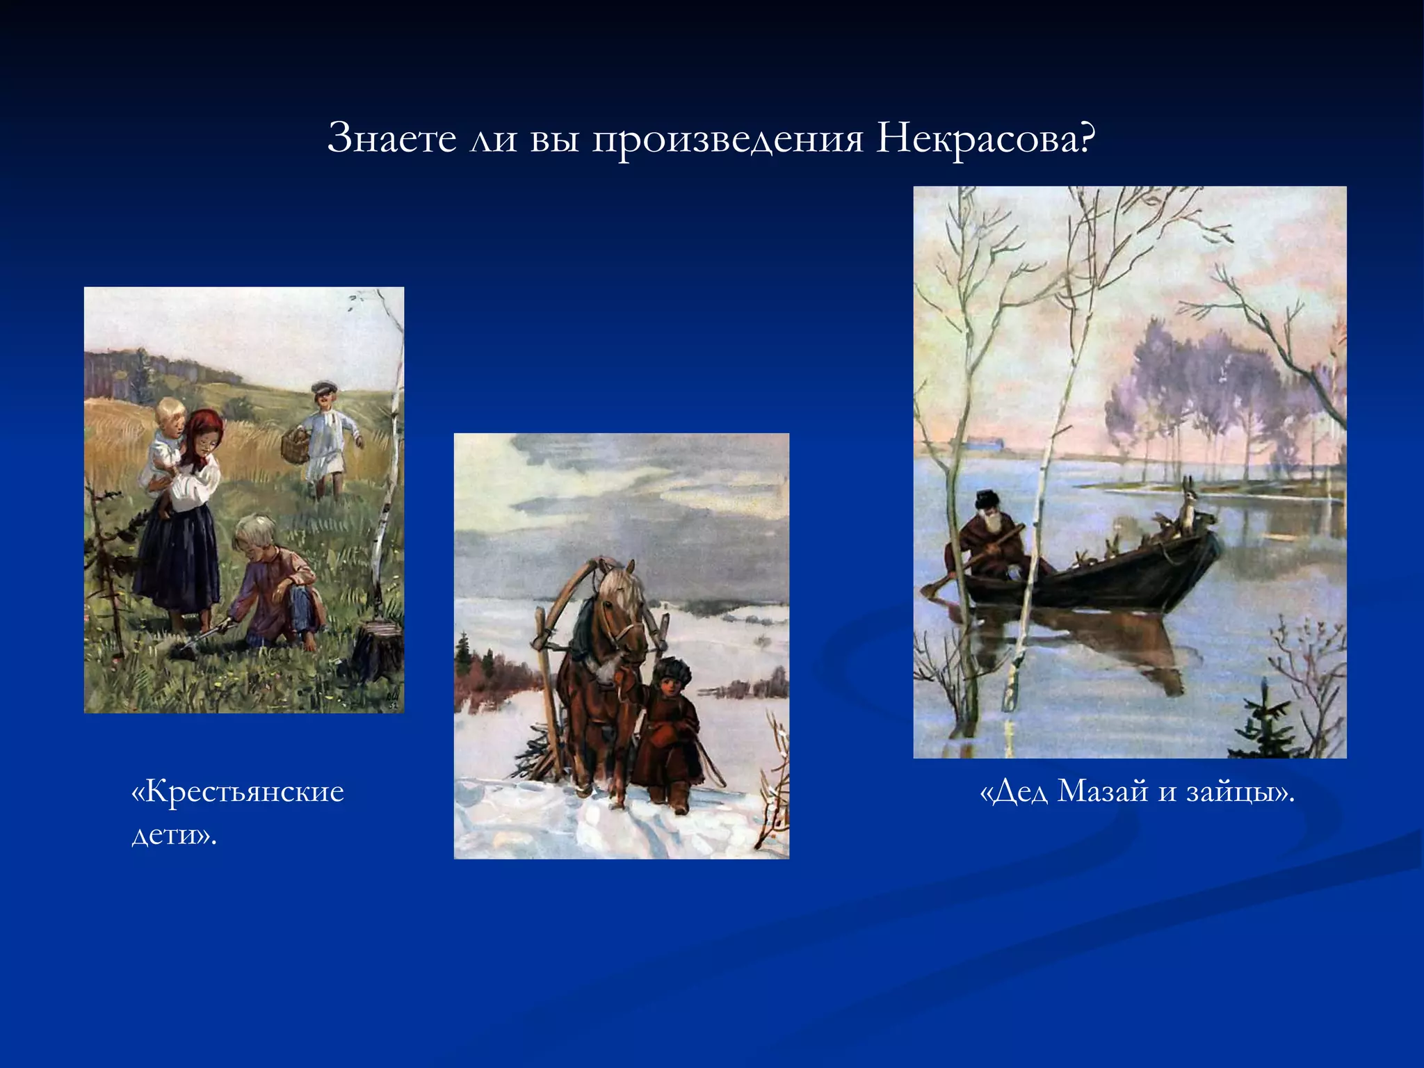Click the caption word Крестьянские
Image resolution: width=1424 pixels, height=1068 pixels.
(238, 792)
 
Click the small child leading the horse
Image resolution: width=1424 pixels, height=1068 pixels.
(669, 730)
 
